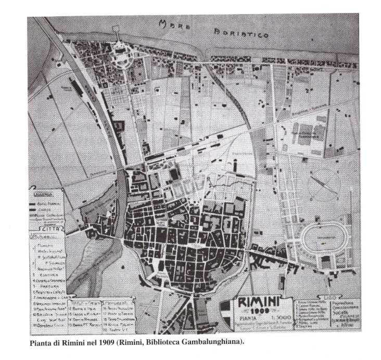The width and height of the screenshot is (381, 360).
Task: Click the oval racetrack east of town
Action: pos(324,240)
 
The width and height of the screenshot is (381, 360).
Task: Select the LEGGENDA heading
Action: pos(41,194)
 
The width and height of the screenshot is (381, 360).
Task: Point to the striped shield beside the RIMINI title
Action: pos(226,308)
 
